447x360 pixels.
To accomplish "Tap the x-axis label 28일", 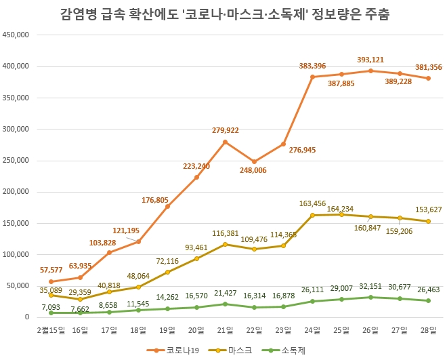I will tap(429, 330).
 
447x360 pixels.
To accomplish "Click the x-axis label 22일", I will tap(254, 330).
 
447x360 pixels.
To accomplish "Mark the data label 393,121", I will tap(370, 58).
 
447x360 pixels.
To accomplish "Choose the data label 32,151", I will tap(370, 288).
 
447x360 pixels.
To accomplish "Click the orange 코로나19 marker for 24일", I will tap(312, 77).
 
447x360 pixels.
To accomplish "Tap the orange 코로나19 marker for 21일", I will tap(225, 142).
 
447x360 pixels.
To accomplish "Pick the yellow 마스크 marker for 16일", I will tap(80, 299).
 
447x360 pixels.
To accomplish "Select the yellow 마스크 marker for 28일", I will tap(429, 221).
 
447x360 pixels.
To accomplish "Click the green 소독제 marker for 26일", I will tap(370, 297).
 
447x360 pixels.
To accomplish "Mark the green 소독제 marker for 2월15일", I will tap(51, 313).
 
